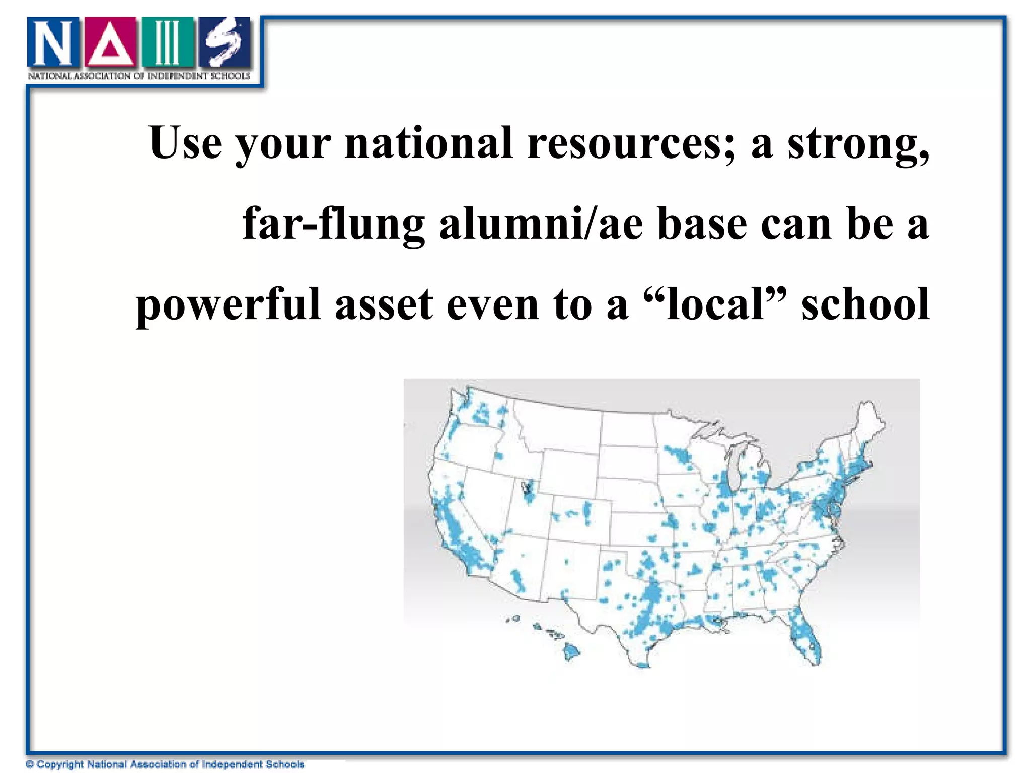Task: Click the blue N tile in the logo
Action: tap(53, 43)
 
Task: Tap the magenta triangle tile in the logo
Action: tap(110, 43)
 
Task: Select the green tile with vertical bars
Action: tap(167, 43)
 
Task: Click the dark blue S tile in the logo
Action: tap(224, 43)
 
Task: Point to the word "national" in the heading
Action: tap(428, 143)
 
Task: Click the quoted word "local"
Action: tap(715, 304)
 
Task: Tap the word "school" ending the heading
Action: tap(865, 304)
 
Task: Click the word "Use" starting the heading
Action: tap(185, 143)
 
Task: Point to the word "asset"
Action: tap(384, 305)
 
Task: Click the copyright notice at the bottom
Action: tap(165, 764)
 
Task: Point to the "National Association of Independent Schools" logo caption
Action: tap(139, 76)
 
